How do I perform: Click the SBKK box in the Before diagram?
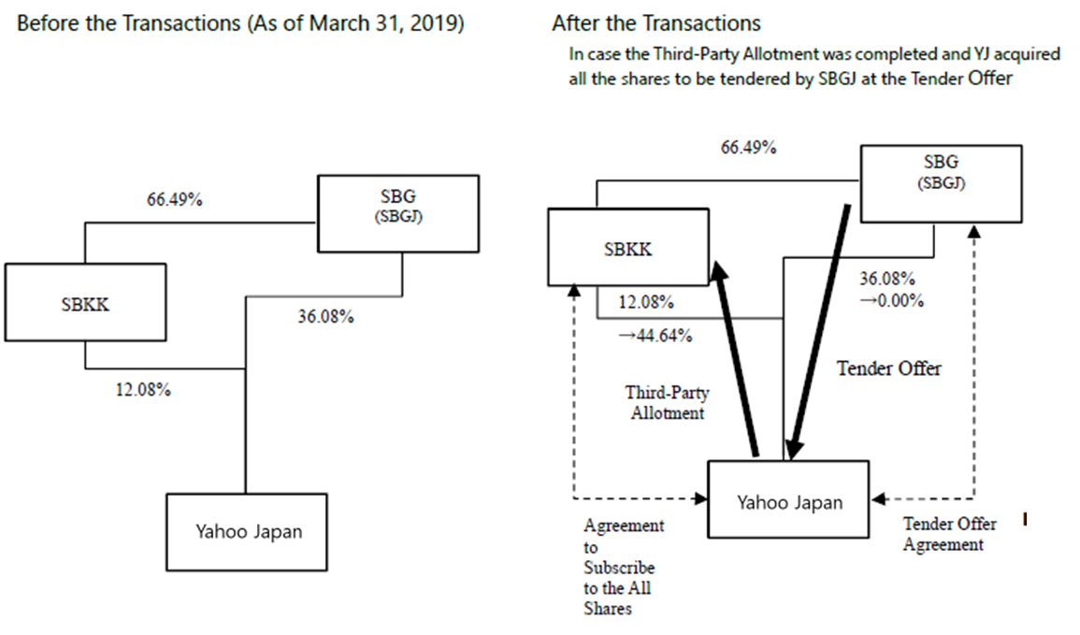tap(85, 303)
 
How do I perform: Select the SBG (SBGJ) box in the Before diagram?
tap(398, 213)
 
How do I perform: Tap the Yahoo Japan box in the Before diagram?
tap(249, 531)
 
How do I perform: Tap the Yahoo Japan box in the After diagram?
tap(788, 502)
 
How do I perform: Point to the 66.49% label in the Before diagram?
tap(175, 201)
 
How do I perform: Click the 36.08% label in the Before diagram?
tap(325, 317)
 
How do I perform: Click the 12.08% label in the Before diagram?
tap(143, 390)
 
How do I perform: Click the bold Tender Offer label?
tap(888, 368)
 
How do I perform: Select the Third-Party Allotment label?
tap(666, 402)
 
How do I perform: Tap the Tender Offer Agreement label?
tap(948, 534)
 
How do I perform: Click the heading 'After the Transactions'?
tap(655, 22)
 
